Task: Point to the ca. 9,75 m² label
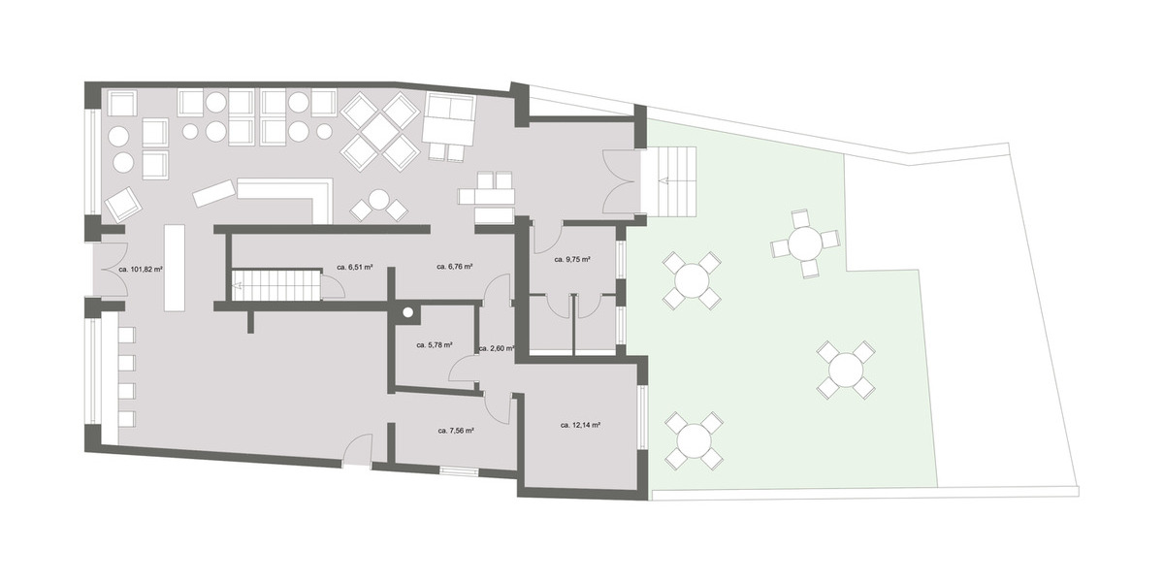click(572, 260)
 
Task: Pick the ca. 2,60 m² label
click(496, 347)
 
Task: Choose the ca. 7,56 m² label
click(455, 430)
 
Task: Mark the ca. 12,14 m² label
click(581, 425)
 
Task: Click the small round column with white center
click(408, 312)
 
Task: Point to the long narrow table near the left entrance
click(175, 267)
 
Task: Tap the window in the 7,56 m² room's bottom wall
click(459, 471)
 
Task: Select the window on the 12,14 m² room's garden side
click(641, 417)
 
